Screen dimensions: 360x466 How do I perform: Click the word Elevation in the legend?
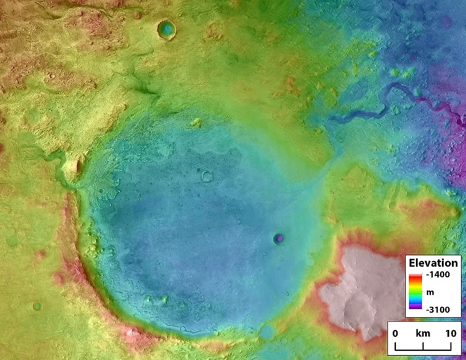tap(433, 263)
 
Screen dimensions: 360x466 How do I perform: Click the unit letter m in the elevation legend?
tap(430, 292)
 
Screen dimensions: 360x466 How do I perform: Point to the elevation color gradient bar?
tap(414, 292)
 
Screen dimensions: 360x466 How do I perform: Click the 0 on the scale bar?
tap(395, 334)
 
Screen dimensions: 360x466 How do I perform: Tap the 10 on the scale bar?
tap(451, 334)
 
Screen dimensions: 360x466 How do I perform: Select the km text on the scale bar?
tap(423, 334)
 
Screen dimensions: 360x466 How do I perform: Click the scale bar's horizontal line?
tap(423, 349)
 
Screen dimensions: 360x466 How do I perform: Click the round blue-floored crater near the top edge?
tap(167, 30)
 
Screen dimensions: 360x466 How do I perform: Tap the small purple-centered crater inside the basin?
tap(279, 238)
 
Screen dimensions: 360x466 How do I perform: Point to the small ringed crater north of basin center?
tap(207, 176)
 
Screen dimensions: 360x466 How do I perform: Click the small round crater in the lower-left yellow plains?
tap(37, 306)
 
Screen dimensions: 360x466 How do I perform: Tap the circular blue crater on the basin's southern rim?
tap(267, 331)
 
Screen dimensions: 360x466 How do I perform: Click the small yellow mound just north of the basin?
tap(196, 122)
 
